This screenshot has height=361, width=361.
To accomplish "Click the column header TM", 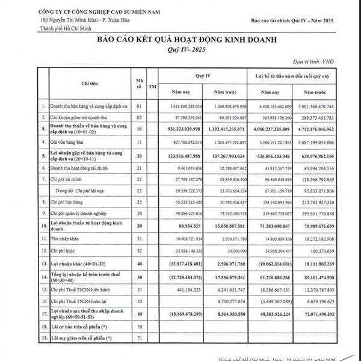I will pyautogui.click(x=152, y=85).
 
